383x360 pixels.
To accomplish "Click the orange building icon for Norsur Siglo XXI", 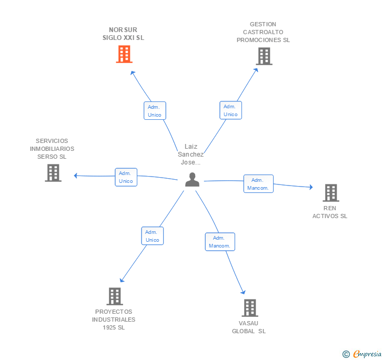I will click(x=124, y=54).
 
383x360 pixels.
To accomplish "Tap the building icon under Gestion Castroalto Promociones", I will click(x=264, y=56).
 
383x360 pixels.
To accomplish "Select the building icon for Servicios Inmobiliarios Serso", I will click(x=53, y=173).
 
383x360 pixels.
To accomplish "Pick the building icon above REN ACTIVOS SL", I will click(x=330, y=193).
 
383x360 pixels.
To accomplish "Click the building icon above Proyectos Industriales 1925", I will click(x=115, y=296).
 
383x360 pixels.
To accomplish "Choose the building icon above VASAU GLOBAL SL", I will click(x=250, y=308).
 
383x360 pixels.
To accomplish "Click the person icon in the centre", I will click(x=193, y=180).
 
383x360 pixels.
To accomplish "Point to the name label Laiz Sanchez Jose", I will click(x=190, y=155).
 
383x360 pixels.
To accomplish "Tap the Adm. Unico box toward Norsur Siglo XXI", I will click(x=155, y=111).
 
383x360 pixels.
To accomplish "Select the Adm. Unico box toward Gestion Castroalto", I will click(x=230, y=110).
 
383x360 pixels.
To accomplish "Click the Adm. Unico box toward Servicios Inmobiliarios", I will click(x=126, y=177).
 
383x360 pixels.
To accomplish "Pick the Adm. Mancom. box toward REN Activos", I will click(x=258, y=184).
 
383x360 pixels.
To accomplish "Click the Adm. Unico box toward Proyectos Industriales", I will click(x=153, y=236).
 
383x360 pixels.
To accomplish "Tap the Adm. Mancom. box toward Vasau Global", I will click(x=219, y=242).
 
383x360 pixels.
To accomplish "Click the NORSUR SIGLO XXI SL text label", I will click(x=123, y=34).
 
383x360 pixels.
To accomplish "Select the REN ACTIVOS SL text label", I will click(x=330, y=212).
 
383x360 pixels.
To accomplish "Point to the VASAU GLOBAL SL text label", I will click(x=249, y=327).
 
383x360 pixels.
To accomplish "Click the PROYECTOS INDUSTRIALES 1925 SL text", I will click(x=114, y=320).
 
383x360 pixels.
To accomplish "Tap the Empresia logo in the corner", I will click(x=363, y=354).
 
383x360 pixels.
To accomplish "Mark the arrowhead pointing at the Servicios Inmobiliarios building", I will click(x=76, y=175).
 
